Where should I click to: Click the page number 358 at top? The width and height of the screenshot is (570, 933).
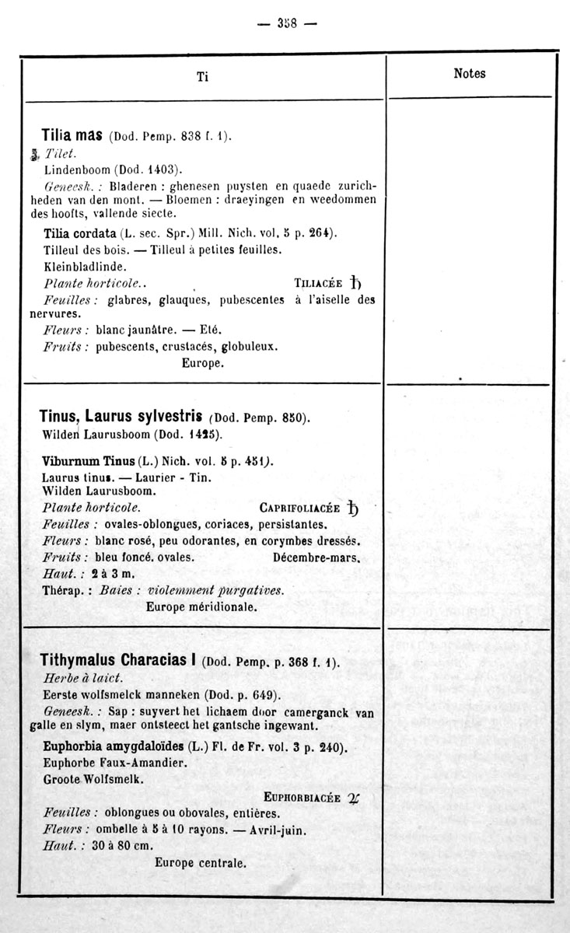coord(288,23)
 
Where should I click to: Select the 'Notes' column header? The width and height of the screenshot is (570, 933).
coord(469,74)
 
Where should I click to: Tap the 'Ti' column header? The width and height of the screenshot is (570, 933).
coord(202,76)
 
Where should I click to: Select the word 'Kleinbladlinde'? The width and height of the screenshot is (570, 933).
coord(85,266)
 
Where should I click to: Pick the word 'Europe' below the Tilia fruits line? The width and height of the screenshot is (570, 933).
coord(203,363)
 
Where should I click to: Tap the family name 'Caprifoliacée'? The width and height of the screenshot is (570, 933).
coord(300,508)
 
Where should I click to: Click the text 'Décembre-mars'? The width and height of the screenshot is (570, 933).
coord(316,557)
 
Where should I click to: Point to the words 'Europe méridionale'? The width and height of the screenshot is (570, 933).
coord(201,606)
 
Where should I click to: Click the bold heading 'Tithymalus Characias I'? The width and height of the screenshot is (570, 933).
coord(117,661)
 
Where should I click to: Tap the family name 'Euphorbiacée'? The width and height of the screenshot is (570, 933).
coord(302,797)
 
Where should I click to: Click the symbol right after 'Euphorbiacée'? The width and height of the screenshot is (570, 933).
coord(354,797)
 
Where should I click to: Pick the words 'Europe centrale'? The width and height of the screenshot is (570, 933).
coord(201,862)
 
